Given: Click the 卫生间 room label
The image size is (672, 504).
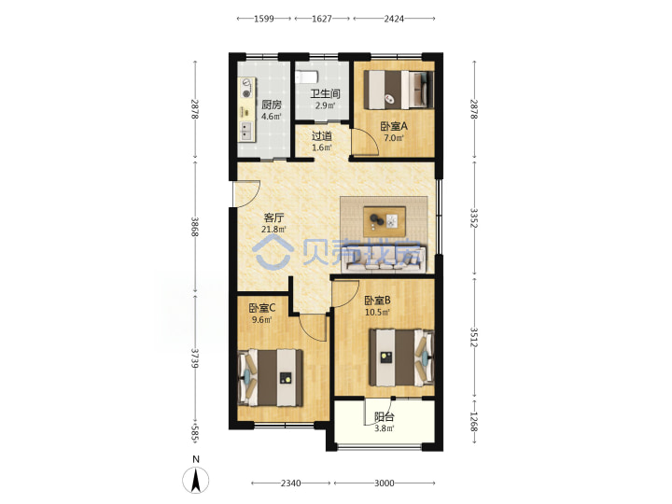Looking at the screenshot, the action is point(326,93).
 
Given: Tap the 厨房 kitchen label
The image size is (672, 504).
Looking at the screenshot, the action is point(272,105).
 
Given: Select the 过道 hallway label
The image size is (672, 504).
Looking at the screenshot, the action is point(321,136).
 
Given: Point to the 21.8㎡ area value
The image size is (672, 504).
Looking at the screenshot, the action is point(273,230).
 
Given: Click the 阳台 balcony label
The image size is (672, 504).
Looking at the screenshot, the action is point(384,416).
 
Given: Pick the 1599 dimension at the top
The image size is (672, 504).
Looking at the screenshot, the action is point(263,19).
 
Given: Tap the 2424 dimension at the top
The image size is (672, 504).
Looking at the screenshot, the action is point(394,19).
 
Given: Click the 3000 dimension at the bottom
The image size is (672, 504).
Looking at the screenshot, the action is point(384,483).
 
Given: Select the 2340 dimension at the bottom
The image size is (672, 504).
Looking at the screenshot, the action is point(290,483).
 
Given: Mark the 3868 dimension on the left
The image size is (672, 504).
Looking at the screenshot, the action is point(195,227).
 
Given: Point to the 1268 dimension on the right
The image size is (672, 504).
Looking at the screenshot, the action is point(473,421).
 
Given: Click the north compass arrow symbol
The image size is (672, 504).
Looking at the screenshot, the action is point(196,480).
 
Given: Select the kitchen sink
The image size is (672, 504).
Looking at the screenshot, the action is point(246,132).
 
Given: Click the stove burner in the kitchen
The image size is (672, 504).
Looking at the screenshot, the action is point(246,87).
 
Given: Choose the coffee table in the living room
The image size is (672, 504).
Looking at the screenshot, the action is point(385,221).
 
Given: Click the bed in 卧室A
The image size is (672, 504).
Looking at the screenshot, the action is point(399,90).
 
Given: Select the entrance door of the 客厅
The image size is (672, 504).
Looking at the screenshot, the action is point(246,194).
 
